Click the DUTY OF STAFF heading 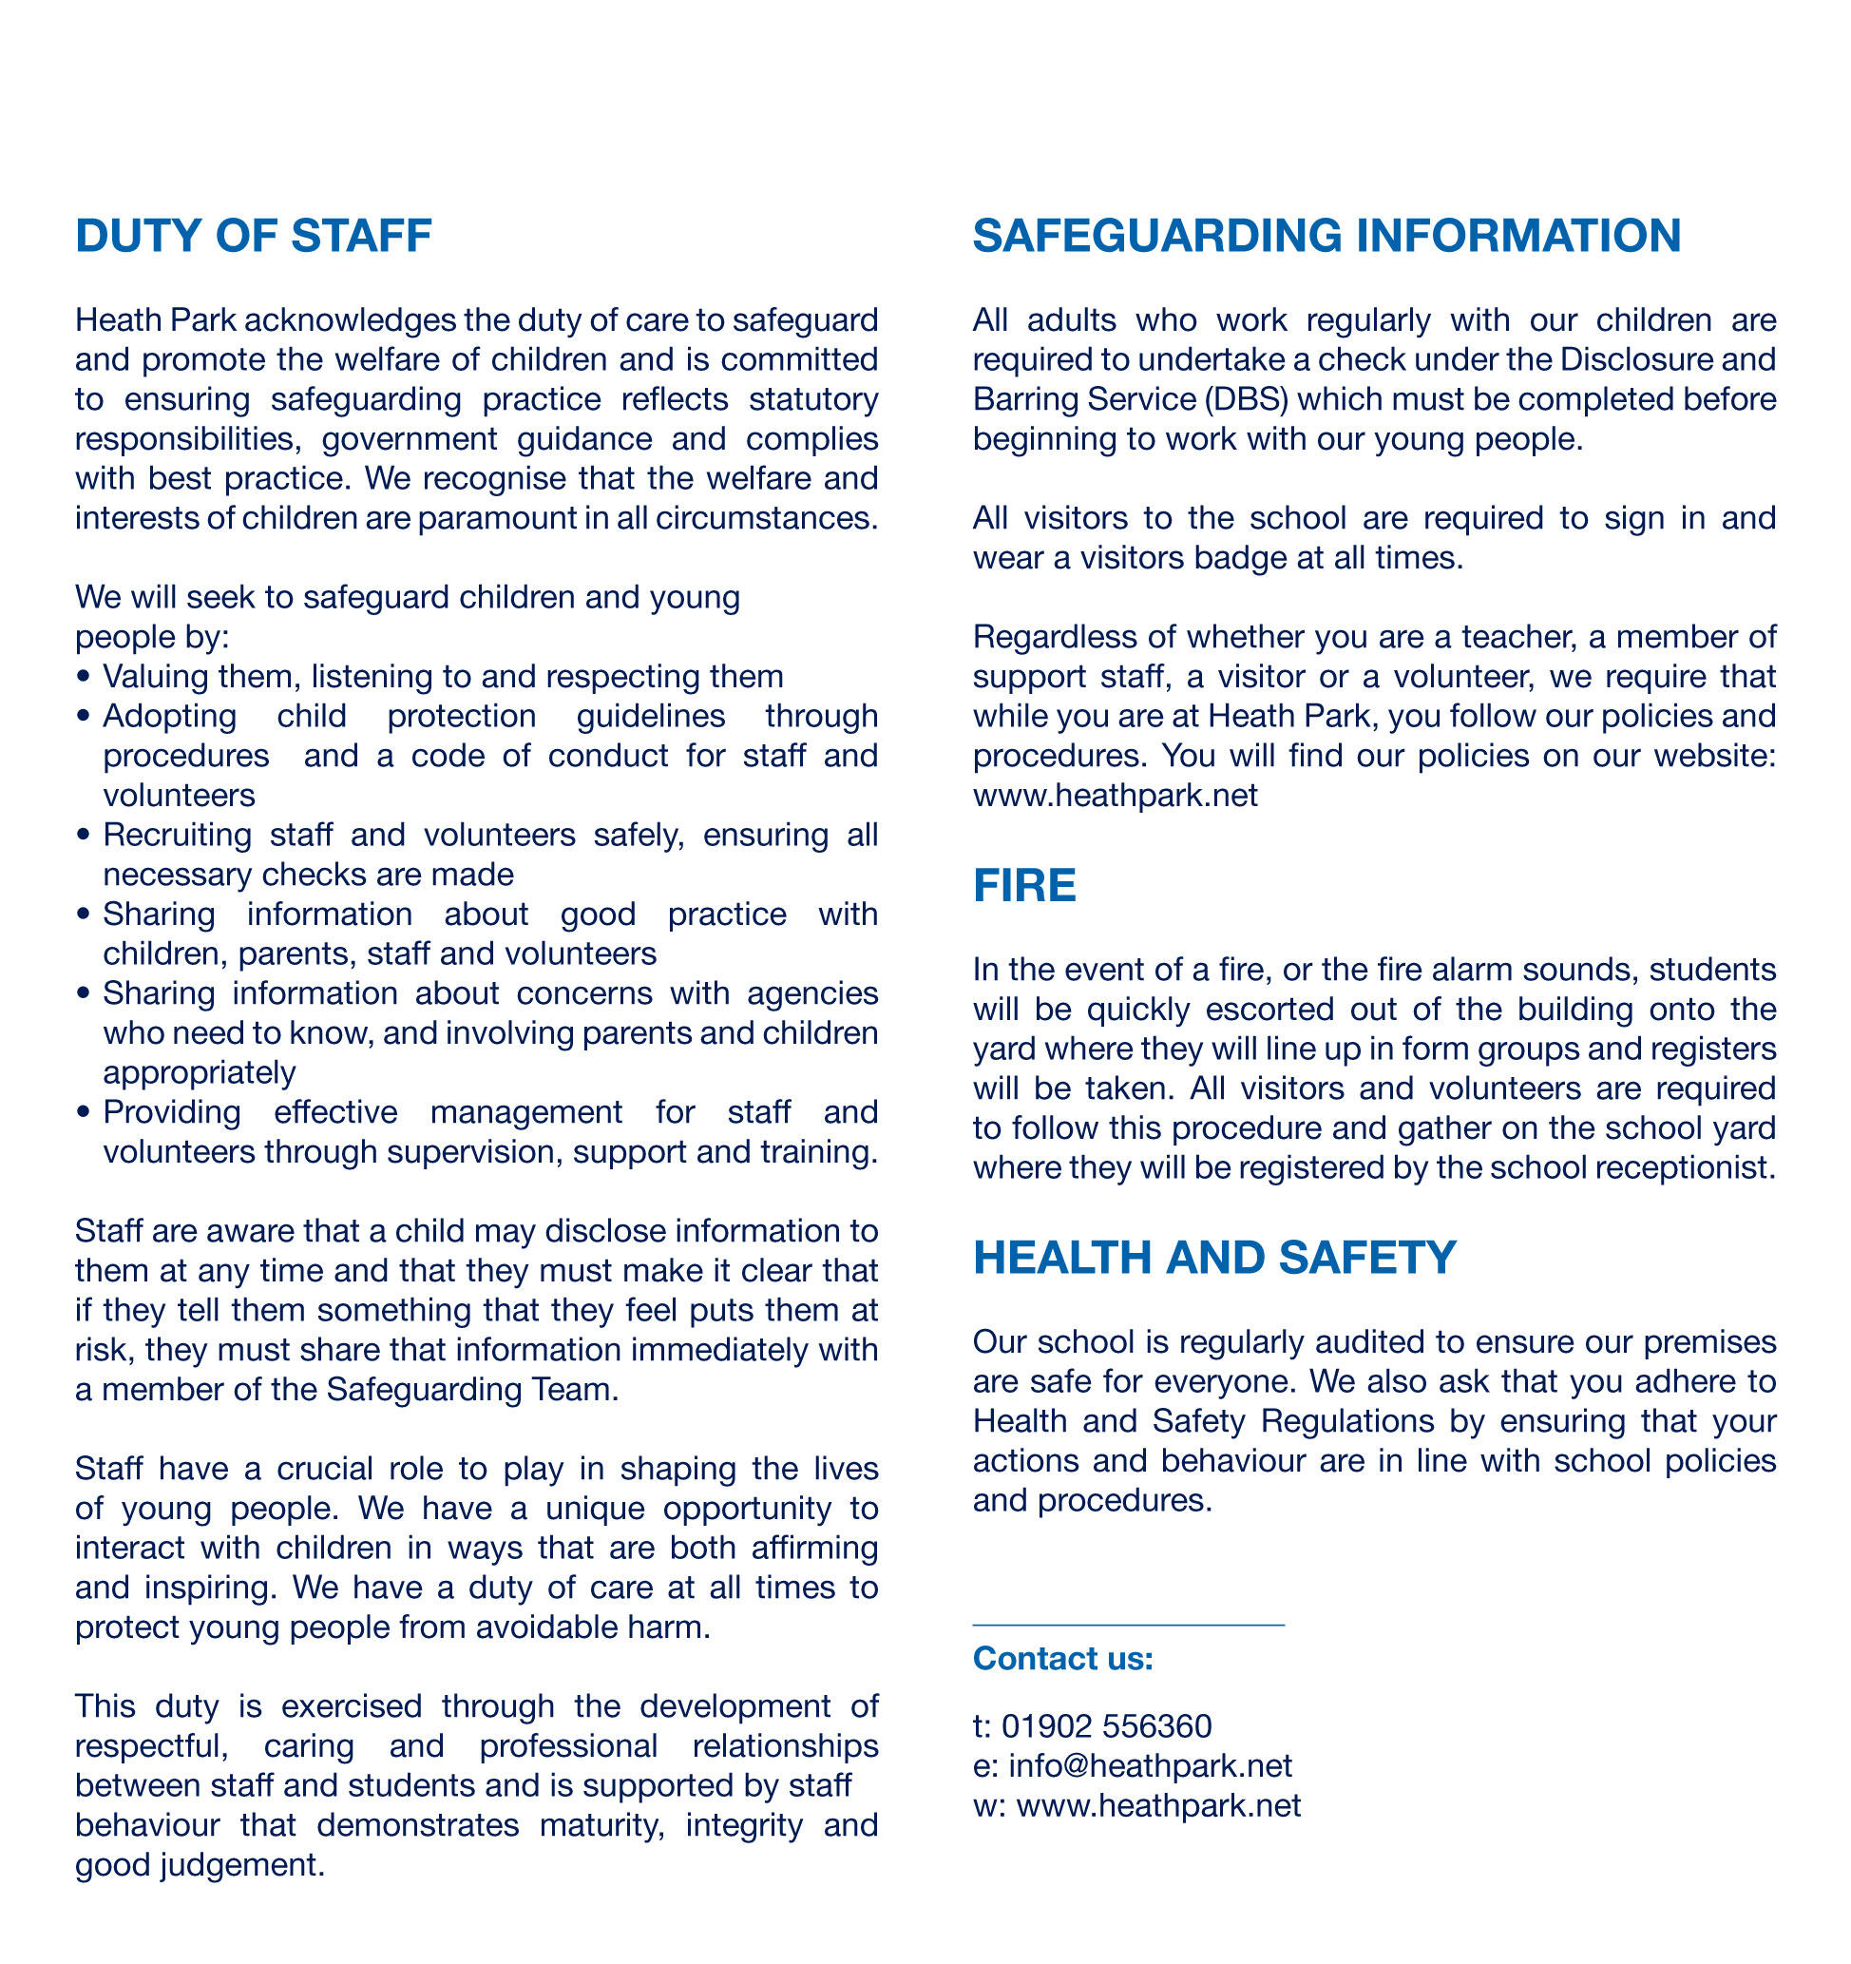click(x=253, y=236)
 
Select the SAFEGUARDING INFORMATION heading click(x=1326, y=236)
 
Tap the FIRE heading click(x=1023, y=885)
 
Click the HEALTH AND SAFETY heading click(x=1214, y=1258)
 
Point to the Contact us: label click(x=1062, y=1658)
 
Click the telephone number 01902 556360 click(x=1106, y=1726)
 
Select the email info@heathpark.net click(x=1150, y=1765)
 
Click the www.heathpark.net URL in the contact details click(x=1157, y=1805)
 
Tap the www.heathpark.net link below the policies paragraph click(x=1115, y=796)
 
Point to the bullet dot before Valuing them click(x=83, y=678)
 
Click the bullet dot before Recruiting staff click(x=83, y=836)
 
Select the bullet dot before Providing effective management click(x=83, y=1113)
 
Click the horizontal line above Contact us click(x=1127, y=1625)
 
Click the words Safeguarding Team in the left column click(x=471, y=1389)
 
